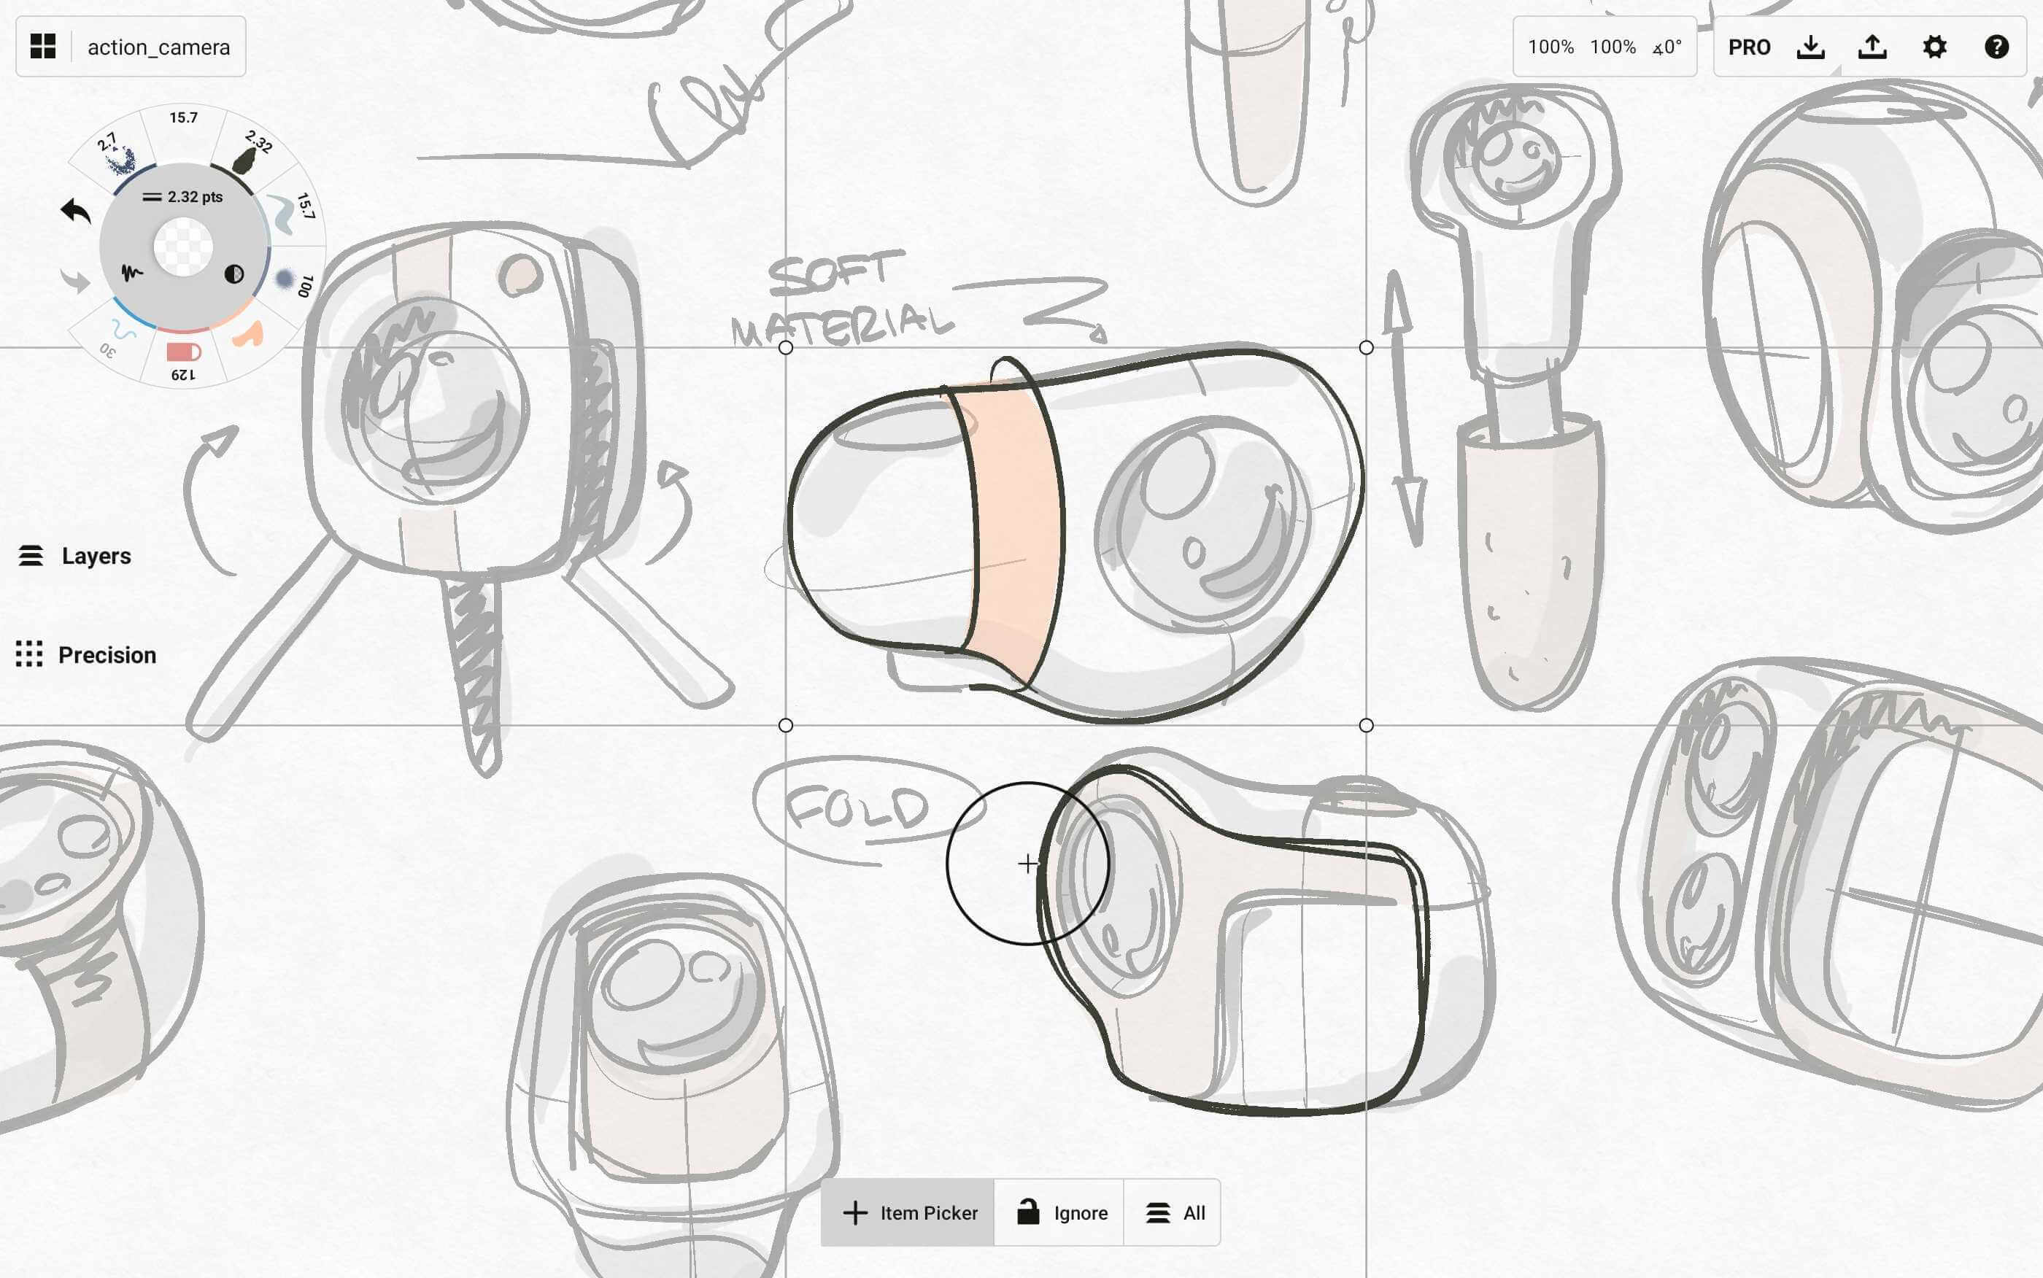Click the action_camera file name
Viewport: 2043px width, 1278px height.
159,47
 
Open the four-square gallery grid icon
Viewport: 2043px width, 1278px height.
43,47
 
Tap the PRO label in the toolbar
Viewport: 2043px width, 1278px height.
1749,47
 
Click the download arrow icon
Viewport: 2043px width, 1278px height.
1810,47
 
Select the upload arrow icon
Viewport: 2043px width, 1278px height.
1872,47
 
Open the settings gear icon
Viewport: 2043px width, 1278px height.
1935,47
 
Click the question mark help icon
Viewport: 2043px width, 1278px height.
1996,47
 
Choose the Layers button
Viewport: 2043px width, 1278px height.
75,556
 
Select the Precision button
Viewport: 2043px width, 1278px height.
86,655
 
